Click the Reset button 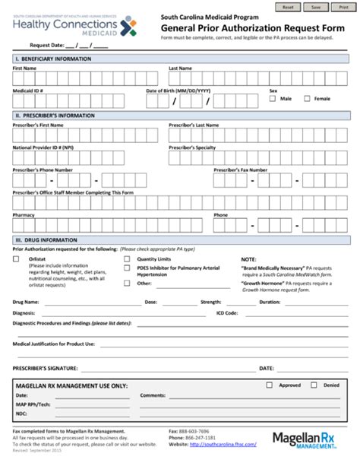[x=288, y=6]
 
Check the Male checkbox [x=273, y=99]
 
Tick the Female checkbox [x=308, y=99]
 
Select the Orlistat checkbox [x=17, y=259]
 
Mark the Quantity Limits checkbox [x=128, y=259]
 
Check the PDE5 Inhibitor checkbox [x=128, y=268]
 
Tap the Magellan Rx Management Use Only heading [x=72, y=385]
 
